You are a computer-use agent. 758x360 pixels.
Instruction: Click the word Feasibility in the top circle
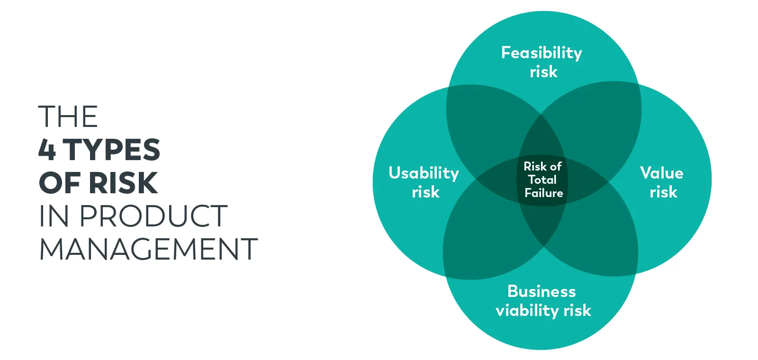[x=541, y=53]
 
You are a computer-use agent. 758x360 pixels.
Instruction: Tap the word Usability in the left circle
[x=424, y=173]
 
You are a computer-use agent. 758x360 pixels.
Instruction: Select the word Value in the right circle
[x=661, y=173]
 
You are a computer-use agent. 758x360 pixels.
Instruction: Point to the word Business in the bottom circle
[x=541, y=291]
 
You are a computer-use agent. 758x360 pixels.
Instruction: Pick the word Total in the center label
[x=542, y=180]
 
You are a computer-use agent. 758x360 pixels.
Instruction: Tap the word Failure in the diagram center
[x=544, y=193]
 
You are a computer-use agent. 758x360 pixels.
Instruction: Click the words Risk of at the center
[x=542, y=166]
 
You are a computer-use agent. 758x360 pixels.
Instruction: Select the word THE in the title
[x=68, y=117]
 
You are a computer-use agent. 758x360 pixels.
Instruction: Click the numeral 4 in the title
[x=47, y=150]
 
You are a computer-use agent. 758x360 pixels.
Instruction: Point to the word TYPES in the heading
[x=112, y=150]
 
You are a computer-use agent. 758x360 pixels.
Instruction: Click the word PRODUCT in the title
[x=153, y=216]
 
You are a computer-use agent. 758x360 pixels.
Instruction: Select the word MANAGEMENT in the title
[x=148, y=249]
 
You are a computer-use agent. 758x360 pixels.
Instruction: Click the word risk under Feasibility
[x=543, y=72]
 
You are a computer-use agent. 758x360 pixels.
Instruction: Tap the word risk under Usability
[x=425, y=192]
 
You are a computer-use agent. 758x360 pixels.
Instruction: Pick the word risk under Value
[x=663, y=192]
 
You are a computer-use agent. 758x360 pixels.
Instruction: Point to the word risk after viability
[x=578, y=310]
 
